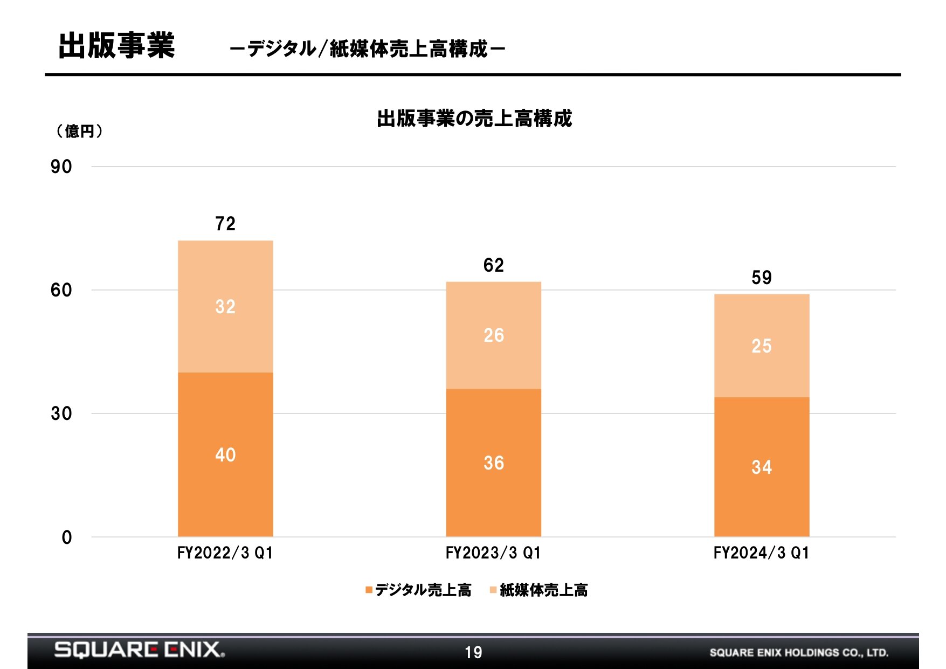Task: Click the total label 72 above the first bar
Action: pyautogui.click(x=225, y=224)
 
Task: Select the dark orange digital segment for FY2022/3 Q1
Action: pyautogui.click(x=225, y=454)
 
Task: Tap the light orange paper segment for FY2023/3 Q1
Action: pyautogui.click(x=493, y=335)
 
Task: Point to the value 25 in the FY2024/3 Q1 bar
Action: pyautogui.click(x=762, y=346)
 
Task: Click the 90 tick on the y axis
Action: pyautogui.click(x=61, y=167)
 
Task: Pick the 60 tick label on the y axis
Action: pyautogui.click(x=61, y=290)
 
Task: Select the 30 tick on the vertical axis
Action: pyautogui.click(x=61, y=413)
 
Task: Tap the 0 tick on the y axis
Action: pyautogui.click(x=66, y=537)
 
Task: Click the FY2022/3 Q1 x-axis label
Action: pyautogui.click(x=225, y=553)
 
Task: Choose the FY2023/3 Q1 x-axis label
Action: pyautogui.click(x=493, y=553)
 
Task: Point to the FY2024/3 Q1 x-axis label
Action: pyautogui.click(x=761, y=553)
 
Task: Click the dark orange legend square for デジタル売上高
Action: pyautogui.click(x=369, y=590)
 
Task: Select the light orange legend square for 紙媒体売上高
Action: pyautogui.click(x=493, y=590)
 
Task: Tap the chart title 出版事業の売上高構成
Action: pyautogui.click(x=474, y=119)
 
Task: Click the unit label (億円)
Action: pyautogui.click(x=79, y=131)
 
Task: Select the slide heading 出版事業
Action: pyautogui.click(x=116, y=45)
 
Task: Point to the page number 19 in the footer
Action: pyautogui.click(x=473, y=653)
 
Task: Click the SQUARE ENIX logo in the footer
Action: pyautogui.click(x=140, y=650)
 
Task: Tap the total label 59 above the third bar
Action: pyautogui.click(x=762, y=278)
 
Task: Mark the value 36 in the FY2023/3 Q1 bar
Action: pyautogui.click(x=494, y=463)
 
